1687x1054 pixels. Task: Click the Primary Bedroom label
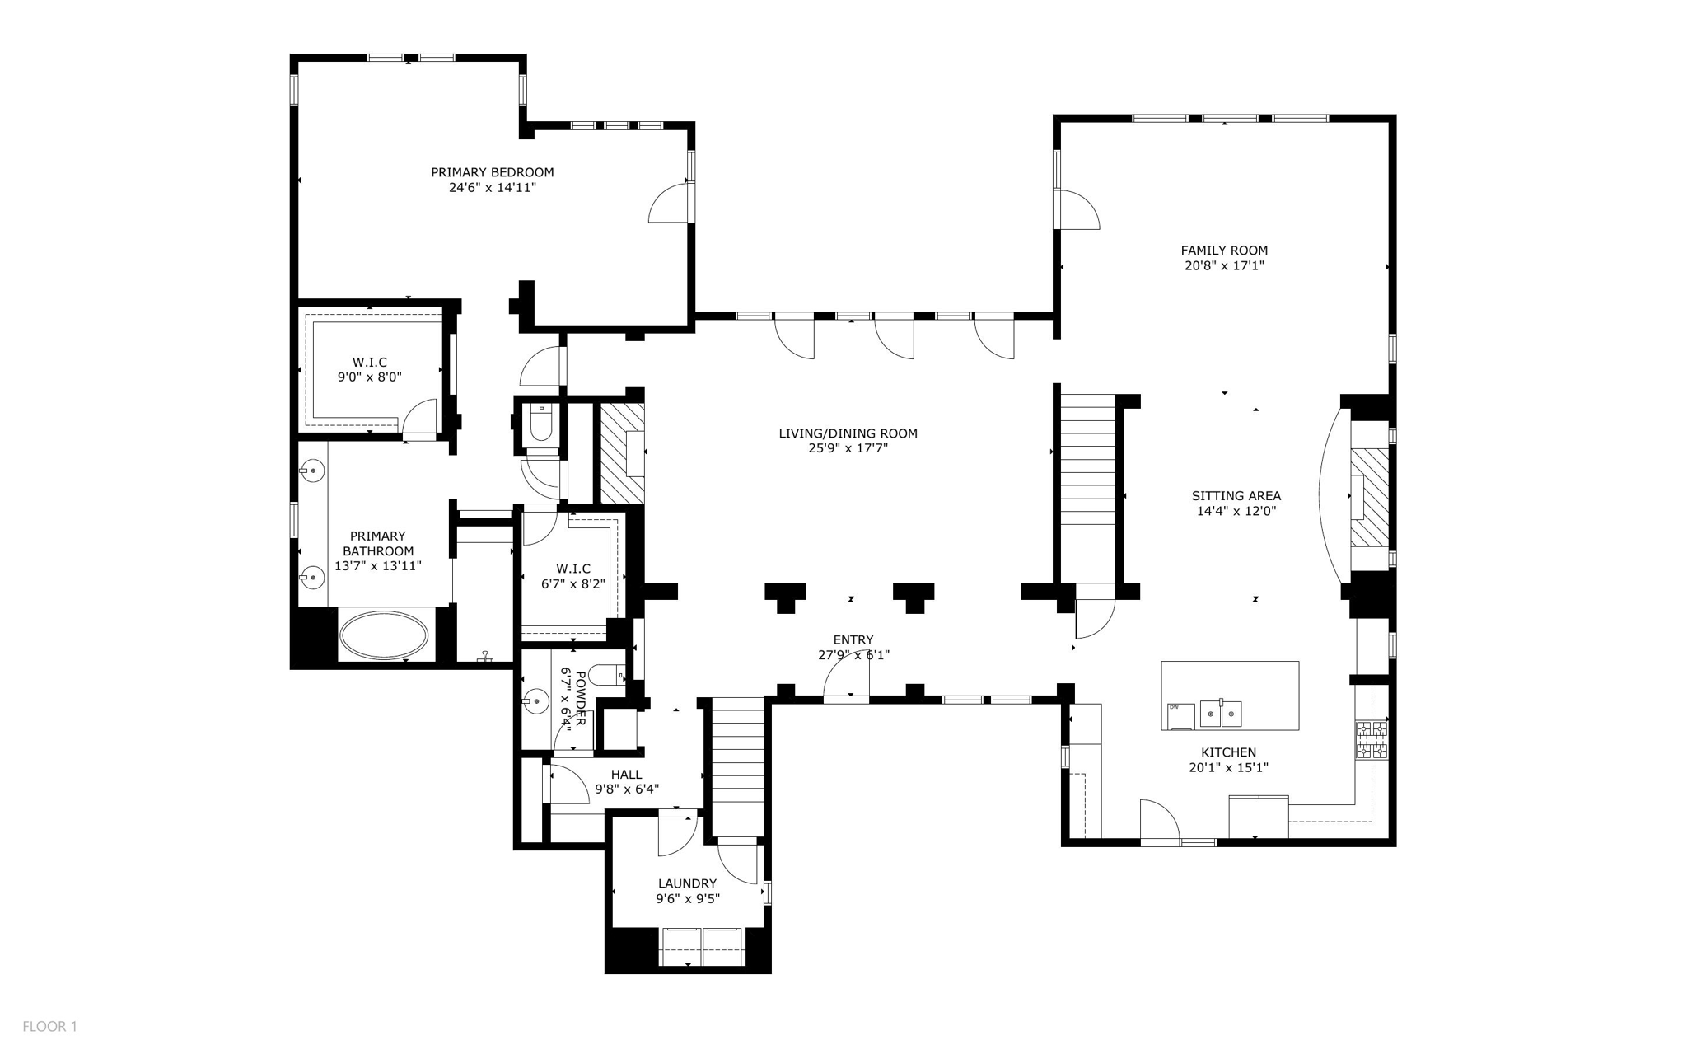(492, 172)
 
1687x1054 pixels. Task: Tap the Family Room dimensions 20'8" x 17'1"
(1223, 266)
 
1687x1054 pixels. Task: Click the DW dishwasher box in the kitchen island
(1180, 715)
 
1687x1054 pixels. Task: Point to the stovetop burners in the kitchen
(1372, 740)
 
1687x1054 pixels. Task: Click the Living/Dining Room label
(848, 433)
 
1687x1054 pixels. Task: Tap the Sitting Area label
(1236, 496)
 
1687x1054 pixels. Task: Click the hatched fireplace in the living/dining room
(621, 452)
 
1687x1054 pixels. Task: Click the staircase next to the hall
(737, 766)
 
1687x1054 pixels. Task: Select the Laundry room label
(687, 883)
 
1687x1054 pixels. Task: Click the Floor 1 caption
(49, 1026)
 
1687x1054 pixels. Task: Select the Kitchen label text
(1228, 752)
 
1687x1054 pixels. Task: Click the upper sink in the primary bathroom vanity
(312, 471)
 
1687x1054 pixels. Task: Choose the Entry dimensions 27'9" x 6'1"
(853, 655)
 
